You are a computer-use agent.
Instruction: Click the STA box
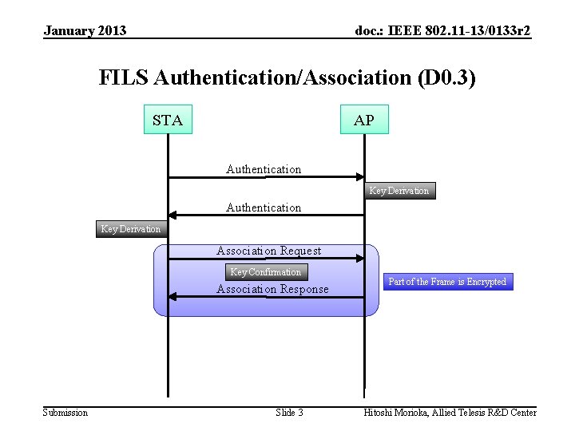tap(168, 120)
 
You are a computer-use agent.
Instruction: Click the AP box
tap(364, 120)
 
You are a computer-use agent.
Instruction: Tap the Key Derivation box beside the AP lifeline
tap(399, 191)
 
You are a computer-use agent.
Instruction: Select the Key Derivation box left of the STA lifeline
tap(130, 229)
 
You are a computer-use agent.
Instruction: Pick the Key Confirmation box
tap(265, 272)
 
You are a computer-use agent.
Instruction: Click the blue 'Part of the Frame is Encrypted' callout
tap(447, 282)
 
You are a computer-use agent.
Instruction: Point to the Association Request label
tap(268, 251)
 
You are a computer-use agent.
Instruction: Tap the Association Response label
tap(272, 289)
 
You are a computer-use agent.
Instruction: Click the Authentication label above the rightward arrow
tap(264, 169)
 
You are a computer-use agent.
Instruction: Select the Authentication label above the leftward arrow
tap(264, 208)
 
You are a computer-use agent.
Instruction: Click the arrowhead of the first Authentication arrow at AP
tap(359, 177)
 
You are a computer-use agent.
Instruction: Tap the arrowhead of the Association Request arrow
tap(359, 259)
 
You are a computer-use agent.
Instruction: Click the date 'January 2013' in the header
tap(85, 31)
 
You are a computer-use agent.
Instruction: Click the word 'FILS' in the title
tap(124, 78)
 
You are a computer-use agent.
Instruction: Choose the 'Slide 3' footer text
tap(289, 413)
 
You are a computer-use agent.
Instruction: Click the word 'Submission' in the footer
tap(65, 413)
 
